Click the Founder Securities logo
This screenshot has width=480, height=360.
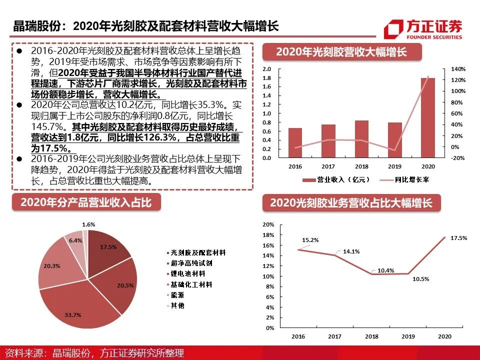click(423, 28)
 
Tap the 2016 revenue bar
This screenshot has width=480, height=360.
click(295, 142)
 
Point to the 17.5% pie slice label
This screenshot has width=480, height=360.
click(108, 247)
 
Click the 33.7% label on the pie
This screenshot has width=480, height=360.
click(73, 314)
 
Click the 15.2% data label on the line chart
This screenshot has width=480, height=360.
click(310, 240)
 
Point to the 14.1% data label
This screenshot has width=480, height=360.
click(351, 252)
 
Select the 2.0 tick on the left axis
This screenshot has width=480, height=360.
click(266, 69)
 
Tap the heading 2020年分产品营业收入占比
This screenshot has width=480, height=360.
click(85, 203)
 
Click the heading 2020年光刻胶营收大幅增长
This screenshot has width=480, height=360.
click(341, 52)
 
